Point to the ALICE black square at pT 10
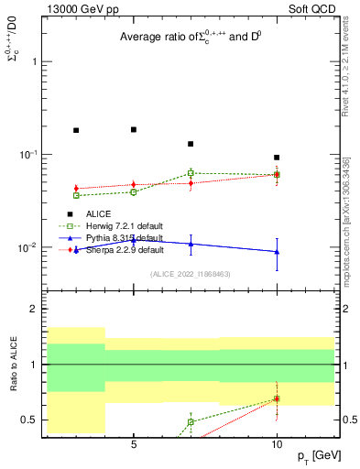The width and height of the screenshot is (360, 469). click(277, 158)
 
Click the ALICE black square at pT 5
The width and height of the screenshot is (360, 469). click(134, 129)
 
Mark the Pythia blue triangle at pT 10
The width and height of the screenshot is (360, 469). click(277, 252)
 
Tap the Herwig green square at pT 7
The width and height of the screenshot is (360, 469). click(191, 172)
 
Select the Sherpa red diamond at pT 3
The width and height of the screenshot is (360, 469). click(76, 189)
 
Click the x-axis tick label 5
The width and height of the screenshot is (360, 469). click(134, 444)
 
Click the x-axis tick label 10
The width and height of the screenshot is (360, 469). click(277, 444)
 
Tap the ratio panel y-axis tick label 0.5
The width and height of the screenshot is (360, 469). click(30, 420)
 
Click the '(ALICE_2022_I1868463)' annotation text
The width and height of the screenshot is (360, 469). click(189, 274)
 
